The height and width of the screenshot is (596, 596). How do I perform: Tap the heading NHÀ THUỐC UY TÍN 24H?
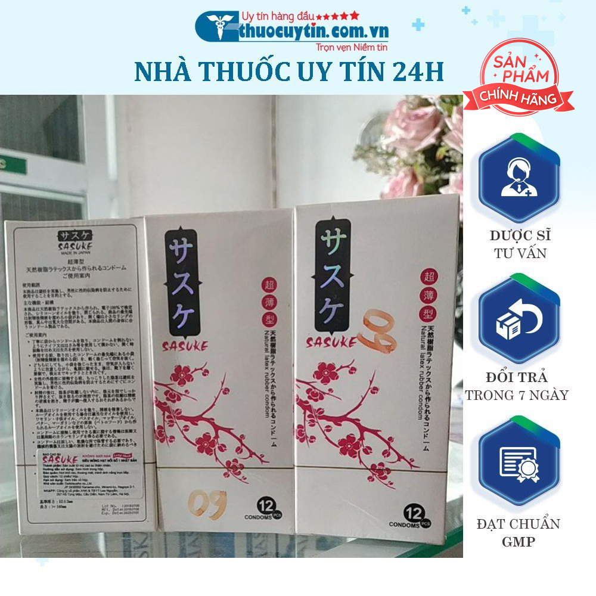click(289, 72)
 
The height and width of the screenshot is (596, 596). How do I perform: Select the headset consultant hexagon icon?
click(519, 179)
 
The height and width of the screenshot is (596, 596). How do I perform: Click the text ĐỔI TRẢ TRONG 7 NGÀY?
click(517, 386)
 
